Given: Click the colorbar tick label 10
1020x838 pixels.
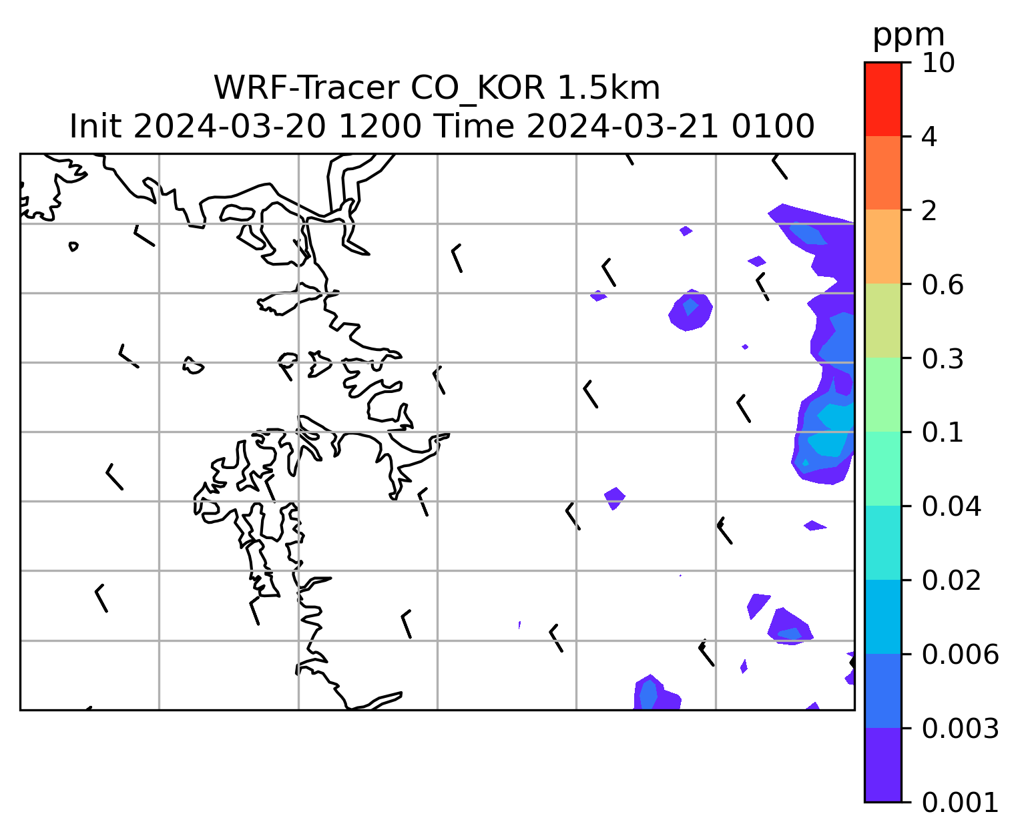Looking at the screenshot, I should tap(938, 63).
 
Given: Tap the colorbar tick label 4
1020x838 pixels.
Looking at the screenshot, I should tap(929, 137).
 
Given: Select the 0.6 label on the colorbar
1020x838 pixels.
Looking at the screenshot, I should tap(943, 285).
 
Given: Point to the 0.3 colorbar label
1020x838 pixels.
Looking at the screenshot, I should tap(943, 359).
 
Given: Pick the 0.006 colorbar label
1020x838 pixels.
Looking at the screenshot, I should tap(960, 655).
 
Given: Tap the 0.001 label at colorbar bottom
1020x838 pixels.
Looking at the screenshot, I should tap(960, 802).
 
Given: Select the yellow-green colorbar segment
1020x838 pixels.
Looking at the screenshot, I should tap(882, 322).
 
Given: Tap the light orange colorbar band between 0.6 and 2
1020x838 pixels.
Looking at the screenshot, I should tap(882, 248).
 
